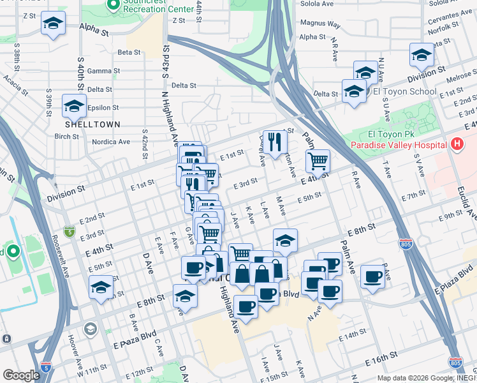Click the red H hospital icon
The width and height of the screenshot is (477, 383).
(x=457, y=145)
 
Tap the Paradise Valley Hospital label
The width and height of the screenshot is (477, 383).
(x=397, y=145)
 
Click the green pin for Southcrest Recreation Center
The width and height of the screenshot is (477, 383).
(x=114, y=6)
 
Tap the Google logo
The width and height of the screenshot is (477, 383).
(x=21, y=375)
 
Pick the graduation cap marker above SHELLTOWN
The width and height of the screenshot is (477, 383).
(x=74, y=105)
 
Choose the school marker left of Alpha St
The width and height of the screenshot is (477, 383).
(x=54, y=25)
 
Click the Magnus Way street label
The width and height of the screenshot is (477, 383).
(x=320, y=24)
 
